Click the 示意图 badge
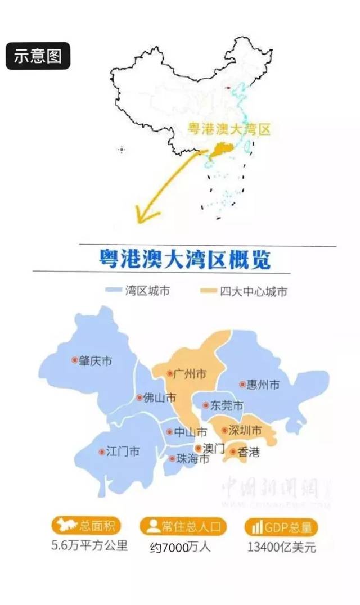(38, 56)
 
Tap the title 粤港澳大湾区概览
(184, 260)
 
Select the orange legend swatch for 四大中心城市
(209, 291)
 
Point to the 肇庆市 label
(95, 360)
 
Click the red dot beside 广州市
(170, 373)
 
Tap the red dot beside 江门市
(102, 452)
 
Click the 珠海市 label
(193, 459)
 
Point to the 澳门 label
(214, 448)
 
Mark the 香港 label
(249, 452)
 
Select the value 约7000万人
(180, 547)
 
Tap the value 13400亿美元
(281, 547)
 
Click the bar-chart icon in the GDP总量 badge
(257, 527)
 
